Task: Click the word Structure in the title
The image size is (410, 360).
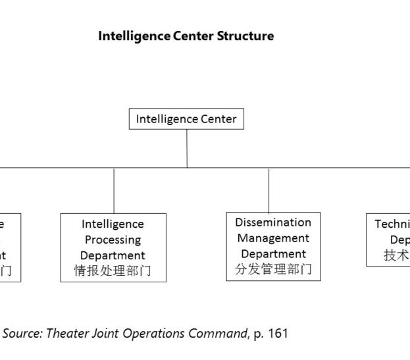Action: coord(245,36)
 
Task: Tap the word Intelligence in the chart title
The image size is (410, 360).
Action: coord(134,36)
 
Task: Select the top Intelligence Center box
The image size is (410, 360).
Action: coord(186,119)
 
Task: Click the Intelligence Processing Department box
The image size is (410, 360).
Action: coord(113,247)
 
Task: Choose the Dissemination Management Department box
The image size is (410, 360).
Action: coord(273,246)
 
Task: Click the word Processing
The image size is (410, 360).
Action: coord(113,240)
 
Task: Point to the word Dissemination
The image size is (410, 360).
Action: coord(273,222)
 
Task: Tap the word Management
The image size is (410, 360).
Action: coord(273,238)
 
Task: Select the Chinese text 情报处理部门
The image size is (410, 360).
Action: coord(113,271)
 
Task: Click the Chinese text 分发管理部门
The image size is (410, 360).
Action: coord(273,269)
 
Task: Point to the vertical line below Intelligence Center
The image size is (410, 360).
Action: coord(187,148)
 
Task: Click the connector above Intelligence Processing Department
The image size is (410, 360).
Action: coord(114,190)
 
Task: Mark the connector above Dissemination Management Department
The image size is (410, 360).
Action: coord(269,190)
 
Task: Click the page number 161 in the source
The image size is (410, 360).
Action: coord(278,334)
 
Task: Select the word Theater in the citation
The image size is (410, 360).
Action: coord(64,334)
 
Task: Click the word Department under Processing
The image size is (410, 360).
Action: coord(113,255)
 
